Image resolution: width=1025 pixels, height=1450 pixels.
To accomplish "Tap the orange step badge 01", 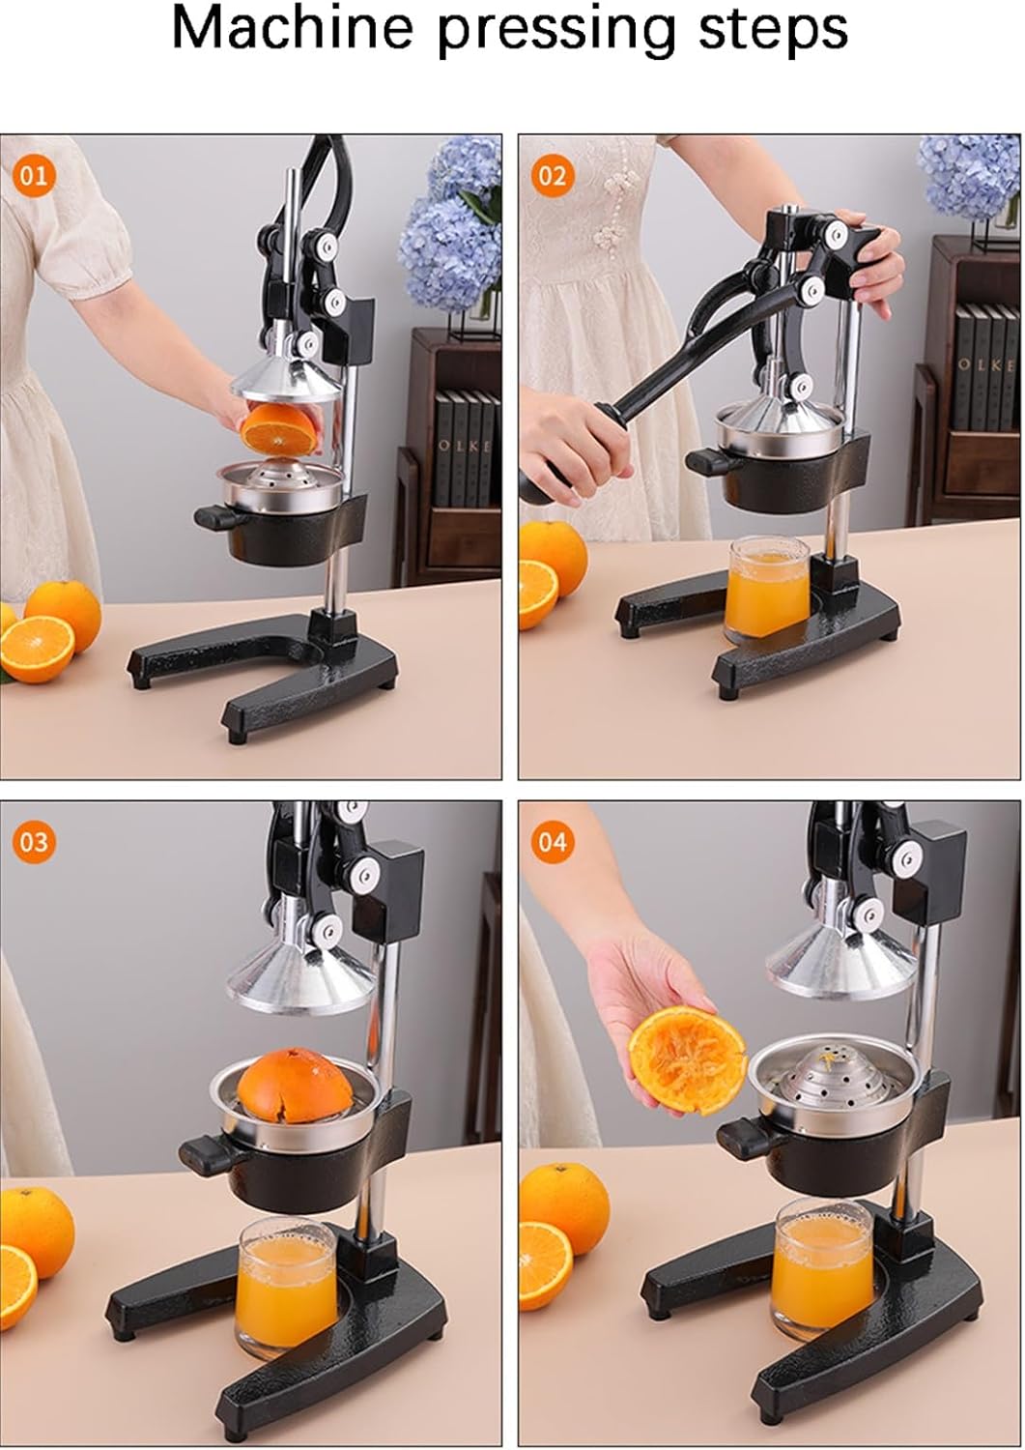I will click(x=33, y=175).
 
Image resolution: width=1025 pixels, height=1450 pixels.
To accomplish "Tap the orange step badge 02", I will click(x=552, y=175).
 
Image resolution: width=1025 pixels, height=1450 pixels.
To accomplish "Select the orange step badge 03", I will click(x=33, y=841).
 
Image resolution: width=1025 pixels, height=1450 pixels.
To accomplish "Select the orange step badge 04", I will click(x=552, y=841).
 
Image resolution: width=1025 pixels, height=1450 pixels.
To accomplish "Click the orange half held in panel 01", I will click(x=279, y=427).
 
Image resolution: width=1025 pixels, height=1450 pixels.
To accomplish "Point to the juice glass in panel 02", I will click(x=768, y=590).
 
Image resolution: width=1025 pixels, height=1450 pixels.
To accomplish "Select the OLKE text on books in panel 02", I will click(x=987, y=365).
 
